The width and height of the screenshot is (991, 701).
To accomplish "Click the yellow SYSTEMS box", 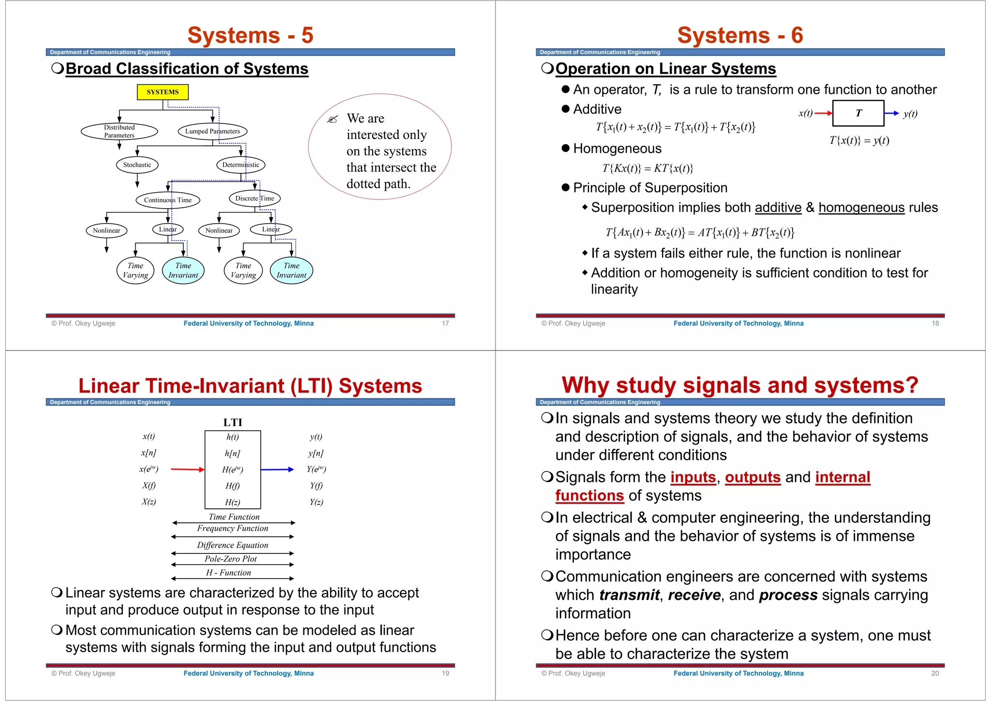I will click(163, 92).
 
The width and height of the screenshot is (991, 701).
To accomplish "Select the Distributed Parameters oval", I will click(119, 131).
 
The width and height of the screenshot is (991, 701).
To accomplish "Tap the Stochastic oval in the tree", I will click(137, 165).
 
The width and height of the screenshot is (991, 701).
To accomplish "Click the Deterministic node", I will click(240, 165).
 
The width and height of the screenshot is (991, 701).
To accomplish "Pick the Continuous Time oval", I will click(167, 200).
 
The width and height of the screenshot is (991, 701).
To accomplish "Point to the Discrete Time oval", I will click(255, 198).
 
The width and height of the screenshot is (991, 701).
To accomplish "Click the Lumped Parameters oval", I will click(212, 131).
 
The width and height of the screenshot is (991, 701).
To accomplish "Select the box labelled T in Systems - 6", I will click(858, 113).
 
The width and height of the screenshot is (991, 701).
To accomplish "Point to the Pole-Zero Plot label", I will click(231, 559).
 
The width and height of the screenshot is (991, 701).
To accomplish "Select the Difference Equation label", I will click(232, 545).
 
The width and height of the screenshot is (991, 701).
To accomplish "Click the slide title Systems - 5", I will click(250, 35).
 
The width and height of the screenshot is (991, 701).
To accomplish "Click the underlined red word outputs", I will click(752, 477).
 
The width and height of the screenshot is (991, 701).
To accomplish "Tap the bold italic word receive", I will click(694, 595).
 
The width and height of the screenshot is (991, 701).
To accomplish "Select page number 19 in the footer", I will click(445, 673).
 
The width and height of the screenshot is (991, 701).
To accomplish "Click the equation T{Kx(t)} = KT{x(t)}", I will click(647, 168).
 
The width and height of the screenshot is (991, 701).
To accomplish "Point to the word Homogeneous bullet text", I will click(617, 149).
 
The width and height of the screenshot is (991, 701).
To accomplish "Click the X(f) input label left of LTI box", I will click(149, 486).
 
